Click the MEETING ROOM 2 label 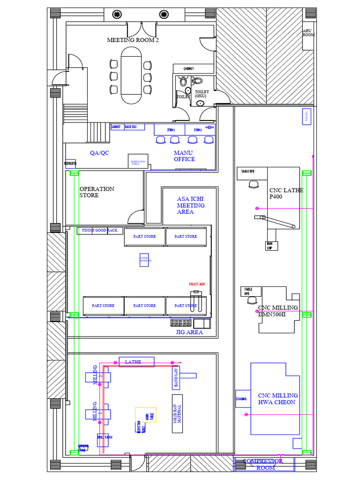(133, 40)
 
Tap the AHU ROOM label (308, 32)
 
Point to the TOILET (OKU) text (202, 94)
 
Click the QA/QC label (99, 153)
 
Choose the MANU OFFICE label (184, 156)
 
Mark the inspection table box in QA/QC (138, 162)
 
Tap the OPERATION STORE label (97, 192)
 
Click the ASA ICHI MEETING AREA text (190, 205)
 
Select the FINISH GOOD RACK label (100, 231)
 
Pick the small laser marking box (144, 260)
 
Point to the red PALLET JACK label (197, 285)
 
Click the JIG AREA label (189, 332)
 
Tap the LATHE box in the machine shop (136, 361)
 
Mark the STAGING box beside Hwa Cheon (241, 399)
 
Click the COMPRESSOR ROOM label (264, 465)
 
